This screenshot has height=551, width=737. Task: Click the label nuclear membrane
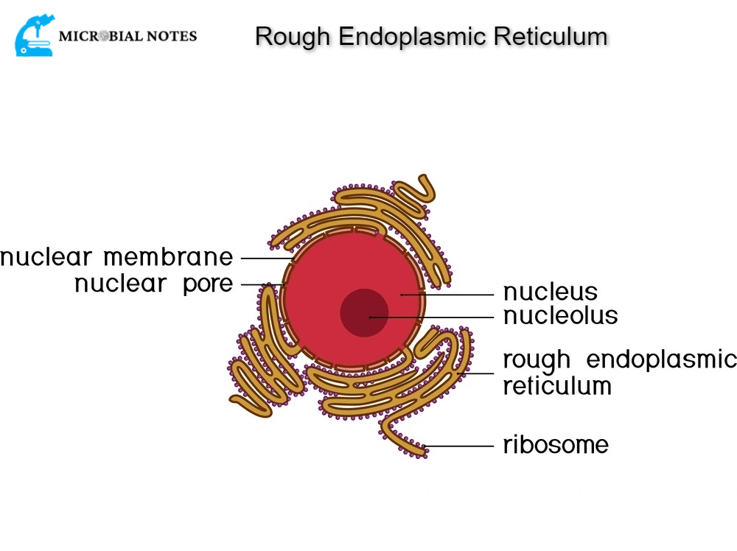coord(116,258)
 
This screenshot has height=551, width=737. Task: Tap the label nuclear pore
coord(153,284)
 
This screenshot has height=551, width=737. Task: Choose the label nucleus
coord(550,292)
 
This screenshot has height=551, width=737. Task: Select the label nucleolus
coord(560,316)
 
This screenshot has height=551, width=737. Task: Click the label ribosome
coord(556,445)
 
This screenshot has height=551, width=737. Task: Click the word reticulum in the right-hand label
coord(557,385)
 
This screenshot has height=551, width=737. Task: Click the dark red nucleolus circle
coord(363,312)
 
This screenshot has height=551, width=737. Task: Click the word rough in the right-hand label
coord(537,360)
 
